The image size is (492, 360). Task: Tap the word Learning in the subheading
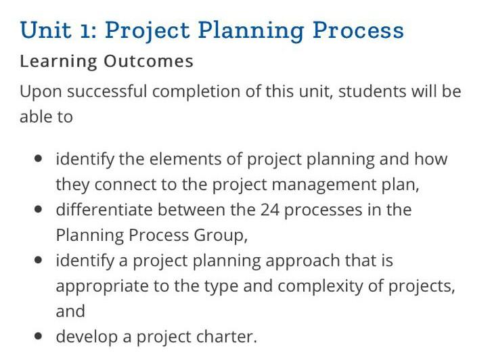point(58,62)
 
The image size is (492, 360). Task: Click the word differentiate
point(102,210)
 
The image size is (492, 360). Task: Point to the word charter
point(229,336)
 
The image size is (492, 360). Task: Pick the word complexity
point(320,286)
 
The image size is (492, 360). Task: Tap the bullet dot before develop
point(39,336)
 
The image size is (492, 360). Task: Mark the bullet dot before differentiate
point(39,209)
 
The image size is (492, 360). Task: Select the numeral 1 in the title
point(87,30)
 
